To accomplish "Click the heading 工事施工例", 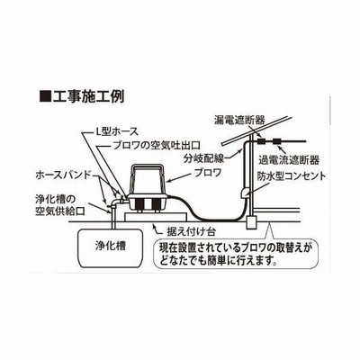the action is pos(87,96).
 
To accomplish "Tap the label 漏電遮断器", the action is pos(239,121).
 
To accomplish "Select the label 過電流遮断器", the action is pos(289,160).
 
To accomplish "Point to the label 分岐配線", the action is pos(204,158).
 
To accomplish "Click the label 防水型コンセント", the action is pos(291,176).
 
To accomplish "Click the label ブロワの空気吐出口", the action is pos(156,146).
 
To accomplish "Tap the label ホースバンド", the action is pos(63,175).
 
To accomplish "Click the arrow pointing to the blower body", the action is pos(180,177).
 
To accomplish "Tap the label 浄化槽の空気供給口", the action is pos(59,205).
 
